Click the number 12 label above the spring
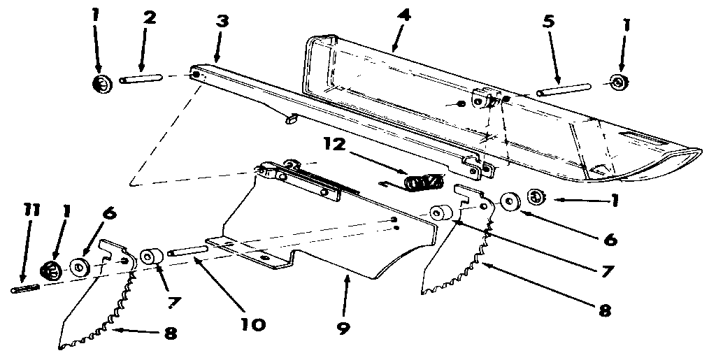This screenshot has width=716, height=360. point(335,145)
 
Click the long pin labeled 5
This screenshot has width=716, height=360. point(564,89)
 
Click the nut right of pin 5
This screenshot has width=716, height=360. point(618,82)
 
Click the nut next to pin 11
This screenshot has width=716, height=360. point(52,268)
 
